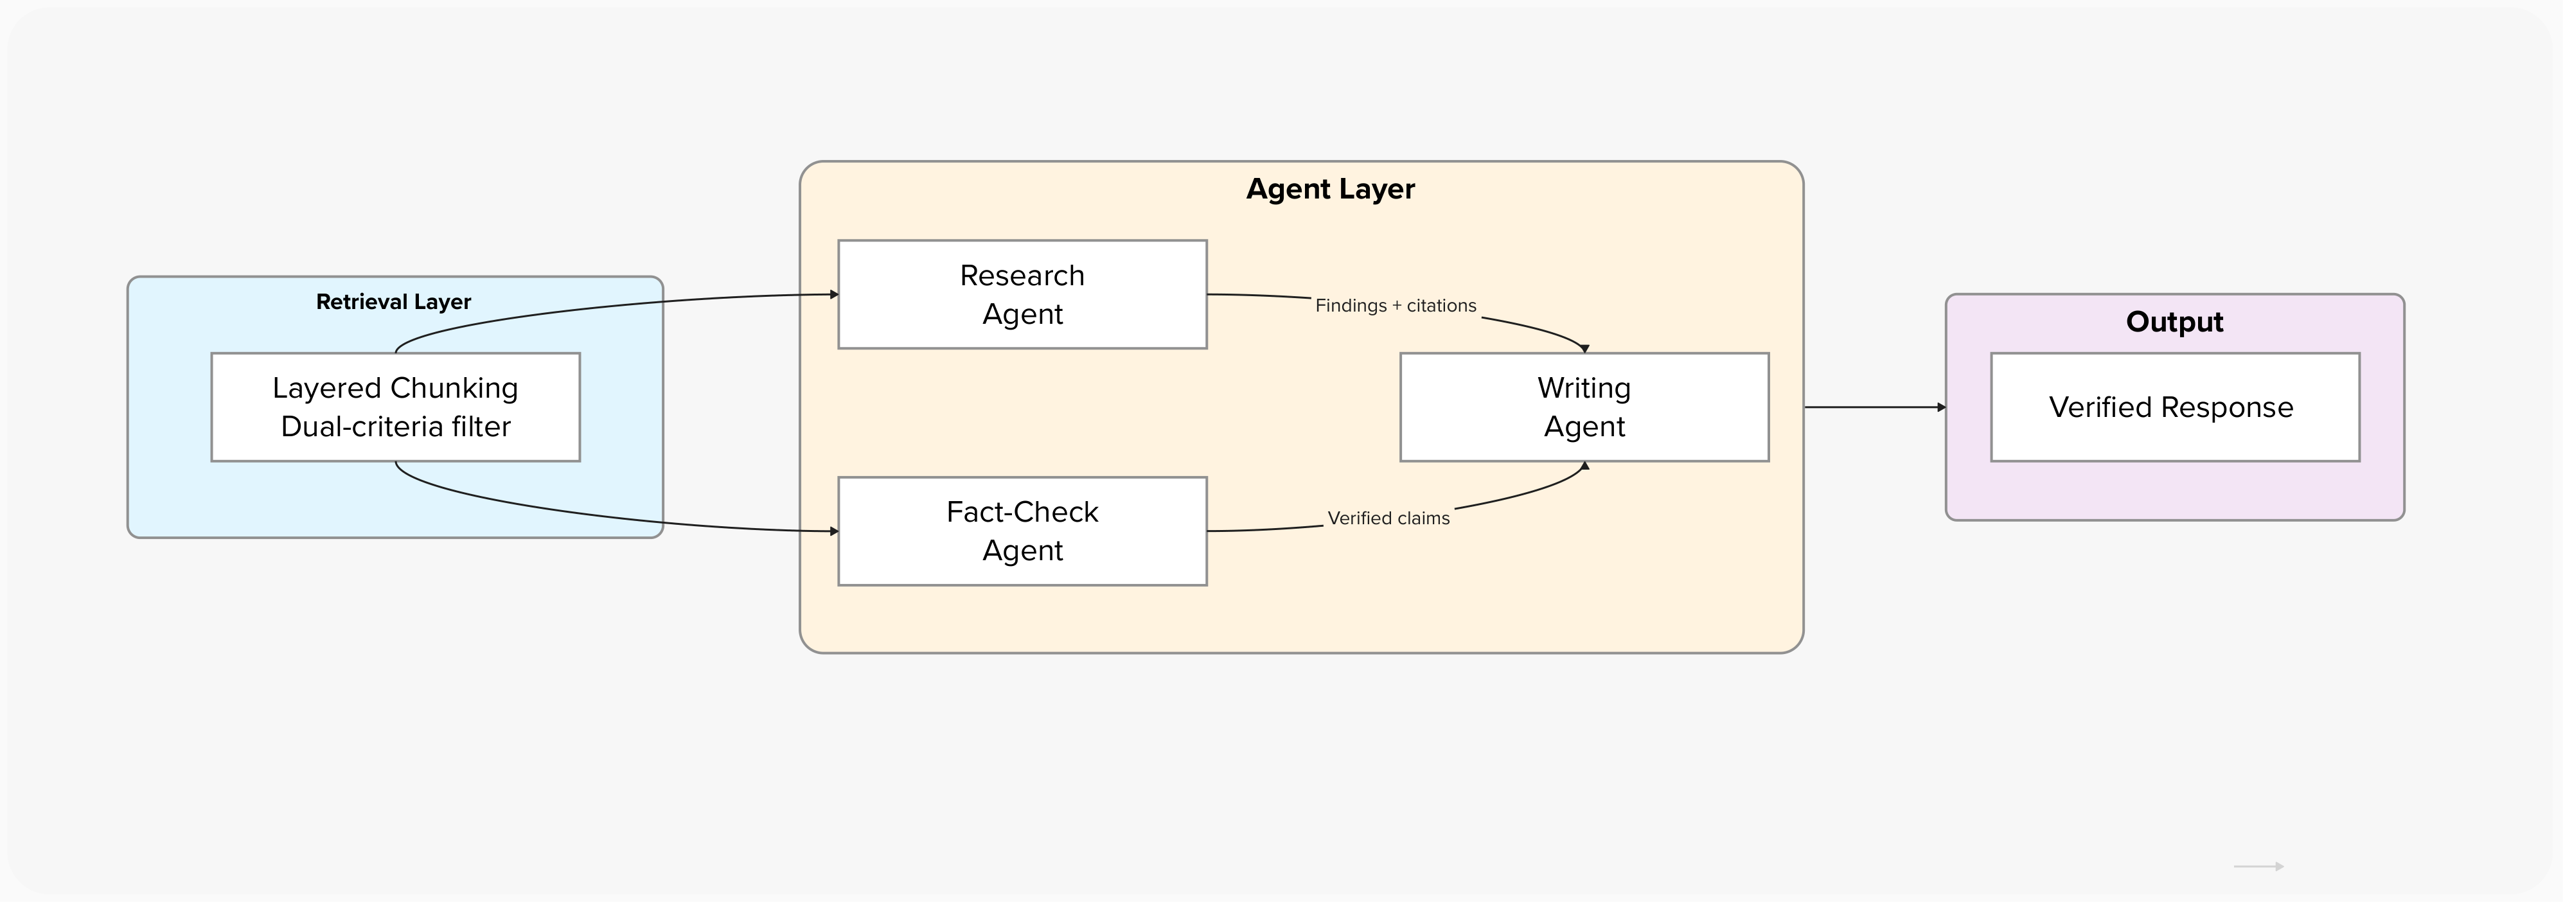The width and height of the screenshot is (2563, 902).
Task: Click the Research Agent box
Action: click(x=1022, y=294)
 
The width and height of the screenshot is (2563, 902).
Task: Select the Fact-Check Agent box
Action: click(x=1022, y=531)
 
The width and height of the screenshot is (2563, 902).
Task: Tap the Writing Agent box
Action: click(x=1584, y=407)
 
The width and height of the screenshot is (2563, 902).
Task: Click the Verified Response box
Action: click(x=2174, y=407)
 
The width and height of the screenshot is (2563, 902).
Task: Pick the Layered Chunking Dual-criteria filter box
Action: click(x=395, y=407)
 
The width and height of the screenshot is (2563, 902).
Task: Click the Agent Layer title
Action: click(x=1330, y=189)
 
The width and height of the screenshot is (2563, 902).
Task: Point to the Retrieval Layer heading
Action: click(x=393, y=301)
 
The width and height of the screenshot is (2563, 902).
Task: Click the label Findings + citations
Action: click(x=1395, y=305)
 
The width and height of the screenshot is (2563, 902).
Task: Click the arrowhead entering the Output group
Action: click(x=1941, y=407)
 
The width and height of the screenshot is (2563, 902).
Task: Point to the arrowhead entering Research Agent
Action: click(x=834, y=294)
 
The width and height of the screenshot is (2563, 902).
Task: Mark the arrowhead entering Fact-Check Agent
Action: click(x=834, y=531)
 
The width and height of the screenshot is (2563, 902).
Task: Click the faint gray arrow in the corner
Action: click(x=2258, y=866)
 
